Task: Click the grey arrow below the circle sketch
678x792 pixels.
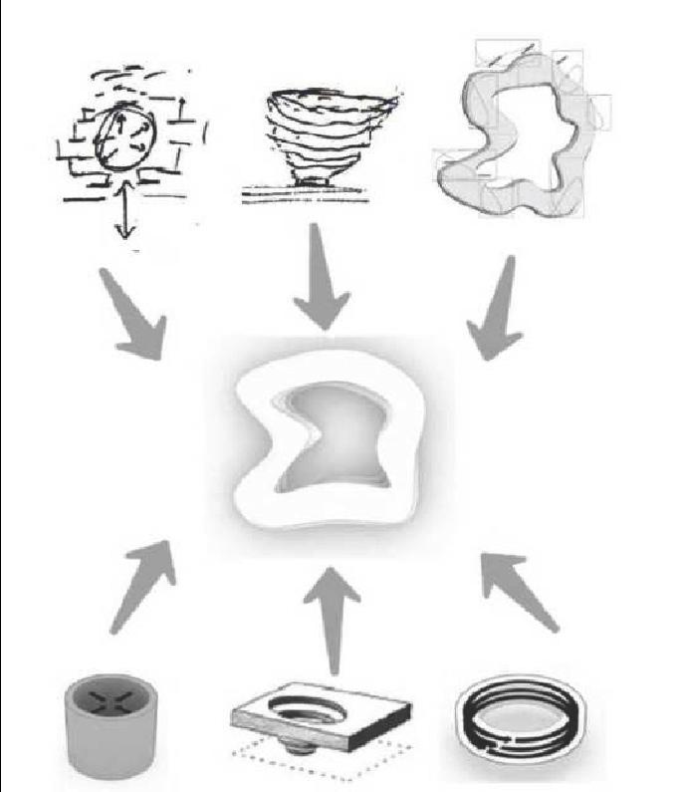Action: tap(139, 319)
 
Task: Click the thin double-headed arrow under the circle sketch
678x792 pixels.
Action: tap(124, 215)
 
